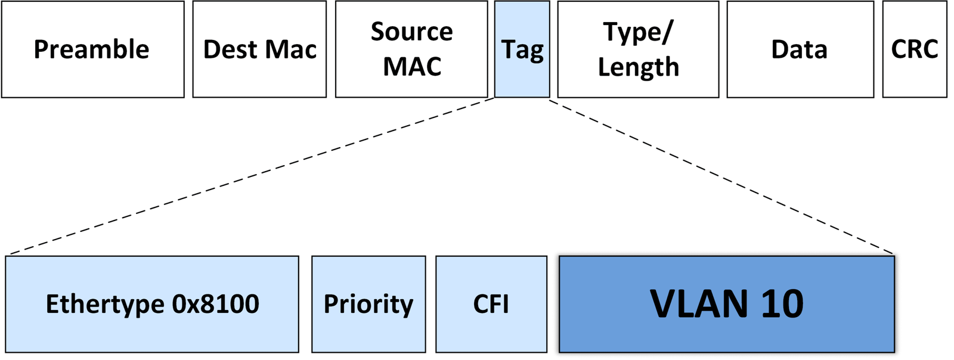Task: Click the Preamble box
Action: point(92,49)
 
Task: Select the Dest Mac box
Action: point(259,49)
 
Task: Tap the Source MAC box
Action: point(411,49)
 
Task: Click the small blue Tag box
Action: point(522,49)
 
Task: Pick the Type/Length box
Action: point(638,49)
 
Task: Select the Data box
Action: point(800,49)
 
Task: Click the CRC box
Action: point(914,49)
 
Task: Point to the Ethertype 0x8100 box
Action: point(152,304)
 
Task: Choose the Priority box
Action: point(368,304)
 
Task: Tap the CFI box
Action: point(491,304)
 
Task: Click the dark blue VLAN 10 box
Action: point(726,304)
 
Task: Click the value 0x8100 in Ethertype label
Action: point(216,304)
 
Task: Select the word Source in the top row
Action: point(411,32)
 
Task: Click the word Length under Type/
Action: point(638,67)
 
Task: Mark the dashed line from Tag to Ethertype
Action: point(250,176)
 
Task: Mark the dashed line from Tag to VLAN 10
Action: point(721,176)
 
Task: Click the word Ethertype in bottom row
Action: point(106,304)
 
